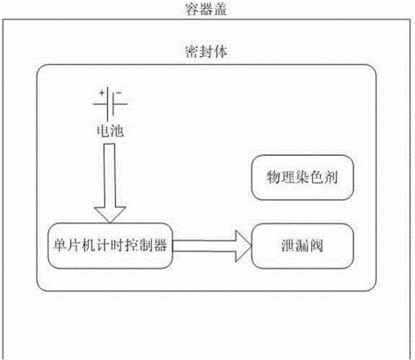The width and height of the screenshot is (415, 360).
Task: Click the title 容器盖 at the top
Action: [206, 9]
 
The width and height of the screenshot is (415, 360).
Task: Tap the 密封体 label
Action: [206, 51]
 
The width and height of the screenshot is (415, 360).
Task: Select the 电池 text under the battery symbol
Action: [110, 130]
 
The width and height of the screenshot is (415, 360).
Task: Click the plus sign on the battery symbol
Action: [102, 93]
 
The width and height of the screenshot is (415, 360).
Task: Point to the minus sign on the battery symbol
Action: [118, 93]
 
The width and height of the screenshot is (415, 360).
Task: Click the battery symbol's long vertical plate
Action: [108, 104]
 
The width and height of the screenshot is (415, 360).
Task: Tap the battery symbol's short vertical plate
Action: [113, 103]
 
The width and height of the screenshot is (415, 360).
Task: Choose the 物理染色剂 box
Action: [302, 178]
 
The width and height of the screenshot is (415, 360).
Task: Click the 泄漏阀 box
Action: [302, 246]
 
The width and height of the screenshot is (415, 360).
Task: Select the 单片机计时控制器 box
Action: [110, 246]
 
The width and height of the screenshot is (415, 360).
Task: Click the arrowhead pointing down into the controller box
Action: [110, 214]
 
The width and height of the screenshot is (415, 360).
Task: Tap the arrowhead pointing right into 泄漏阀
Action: [244, 246]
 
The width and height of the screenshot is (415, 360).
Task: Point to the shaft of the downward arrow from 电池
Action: [110, 175]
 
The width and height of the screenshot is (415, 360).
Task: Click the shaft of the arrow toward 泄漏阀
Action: [205, 246]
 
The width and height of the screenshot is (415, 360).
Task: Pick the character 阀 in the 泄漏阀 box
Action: [317, 246]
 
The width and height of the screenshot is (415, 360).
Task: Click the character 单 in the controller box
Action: [59, 245]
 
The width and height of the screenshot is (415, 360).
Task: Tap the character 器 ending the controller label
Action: [160, 245]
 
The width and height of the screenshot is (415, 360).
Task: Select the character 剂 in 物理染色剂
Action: [331, 178]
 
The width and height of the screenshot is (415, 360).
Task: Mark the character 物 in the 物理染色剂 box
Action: [273, 178]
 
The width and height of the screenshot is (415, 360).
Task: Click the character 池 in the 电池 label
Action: [117, 130]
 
